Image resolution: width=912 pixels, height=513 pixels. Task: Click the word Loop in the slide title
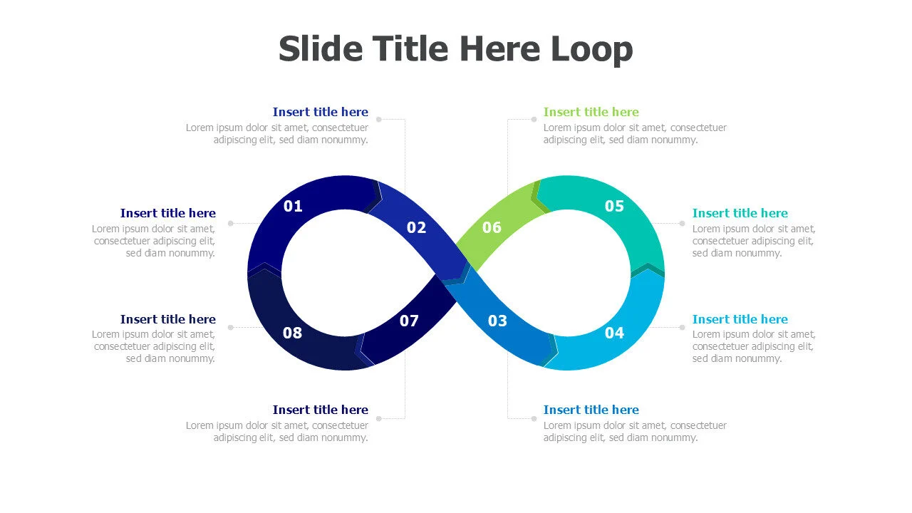592,49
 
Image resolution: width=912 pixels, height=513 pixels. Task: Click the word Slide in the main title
321,49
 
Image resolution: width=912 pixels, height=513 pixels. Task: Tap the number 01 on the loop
293,206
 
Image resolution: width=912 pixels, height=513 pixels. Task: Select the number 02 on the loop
416,227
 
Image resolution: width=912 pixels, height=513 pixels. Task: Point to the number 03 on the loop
497,321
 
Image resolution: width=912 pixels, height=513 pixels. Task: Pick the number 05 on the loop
614,206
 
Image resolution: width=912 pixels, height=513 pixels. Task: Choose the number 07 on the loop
409,321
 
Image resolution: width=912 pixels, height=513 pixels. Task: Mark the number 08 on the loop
292,333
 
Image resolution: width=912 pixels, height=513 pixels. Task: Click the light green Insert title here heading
591,112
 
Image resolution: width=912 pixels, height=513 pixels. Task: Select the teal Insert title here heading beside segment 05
740,213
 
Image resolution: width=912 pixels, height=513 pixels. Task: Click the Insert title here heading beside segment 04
740,319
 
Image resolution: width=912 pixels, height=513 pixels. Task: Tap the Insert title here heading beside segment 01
167,213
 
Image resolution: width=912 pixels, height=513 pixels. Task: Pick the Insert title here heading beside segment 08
167,319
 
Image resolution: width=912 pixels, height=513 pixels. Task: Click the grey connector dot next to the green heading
534,119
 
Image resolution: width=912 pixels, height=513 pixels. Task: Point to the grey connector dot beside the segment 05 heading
682,223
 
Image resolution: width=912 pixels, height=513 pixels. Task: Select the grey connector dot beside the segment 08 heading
230,327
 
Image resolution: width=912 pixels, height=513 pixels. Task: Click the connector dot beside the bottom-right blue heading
534,418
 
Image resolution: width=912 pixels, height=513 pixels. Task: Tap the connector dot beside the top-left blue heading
378,119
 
